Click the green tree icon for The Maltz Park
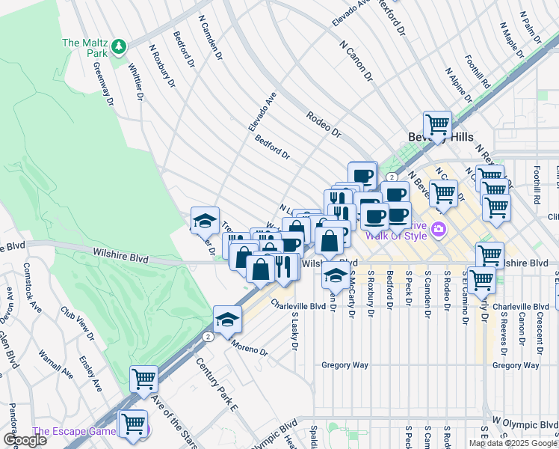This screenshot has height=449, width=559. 119,48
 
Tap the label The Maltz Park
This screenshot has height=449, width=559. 86,43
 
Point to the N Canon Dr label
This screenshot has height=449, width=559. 356,61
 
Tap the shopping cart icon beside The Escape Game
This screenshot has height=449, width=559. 132,424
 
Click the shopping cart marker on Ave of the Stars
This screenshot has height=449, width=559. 143,379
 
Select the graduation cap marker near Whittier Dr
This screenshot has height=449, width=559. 205,220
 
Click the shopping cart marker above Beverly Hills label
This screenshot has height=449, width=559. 437,124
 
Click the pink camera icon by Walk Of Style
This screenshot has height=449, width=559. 439,229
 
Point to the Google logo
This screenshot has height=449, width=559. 25,440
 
